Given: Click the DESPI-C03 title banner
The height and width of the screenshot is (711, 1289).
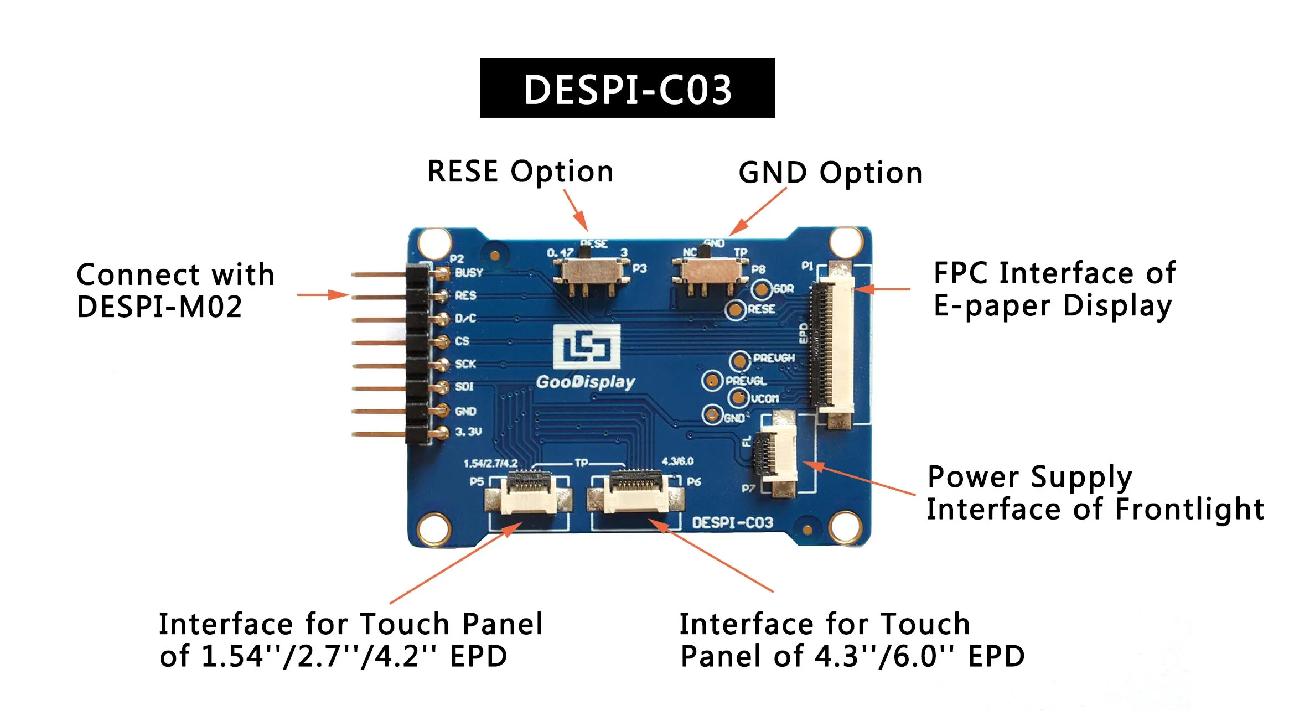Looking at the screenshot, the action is [x=627, y=88].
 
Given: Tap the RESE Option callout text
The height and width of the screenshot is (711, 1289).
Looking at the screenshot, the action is [x=521, y=172].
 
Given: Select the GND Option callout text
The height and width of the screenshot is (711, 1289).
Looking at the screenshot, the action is [x=831, y=173].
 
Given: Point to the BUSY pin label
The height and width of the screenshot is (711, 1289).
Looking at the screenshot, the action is [x=469, y=273].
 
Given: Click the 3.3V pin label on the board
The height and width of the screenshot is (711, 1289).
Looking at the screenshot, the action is [x=468, y=432].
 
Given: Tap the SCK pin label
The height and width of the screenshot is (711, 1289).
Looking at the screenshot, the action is [x=465, y=364].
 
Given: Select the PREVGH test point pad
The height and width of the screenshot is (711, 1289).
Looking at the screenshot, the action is [x=739, y=361].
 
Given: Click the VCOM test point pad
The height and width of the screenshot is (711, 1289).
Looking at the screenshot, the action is [x=738, y=397].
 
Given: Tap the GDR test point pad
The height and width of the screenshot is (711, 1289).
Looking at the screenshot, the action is [x=762, y=289].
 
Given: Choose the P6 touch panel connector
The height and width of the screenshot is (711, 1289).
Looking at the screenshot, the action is [x=635, y=492].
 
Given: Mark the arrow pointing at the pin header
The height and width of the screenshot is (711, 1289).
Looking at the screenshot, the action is [x=323, y=295].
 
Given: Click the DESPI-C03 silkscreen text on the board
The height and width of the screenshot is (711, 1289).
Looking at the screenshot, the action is [x=732, y=523].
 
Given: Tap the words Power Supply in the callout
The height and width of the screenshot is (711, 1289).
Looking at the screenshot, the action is [x=1030, y=477].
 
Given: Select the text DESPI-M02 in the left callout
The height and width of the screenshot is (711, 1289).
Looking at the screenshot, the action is [x=159, y=307].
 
